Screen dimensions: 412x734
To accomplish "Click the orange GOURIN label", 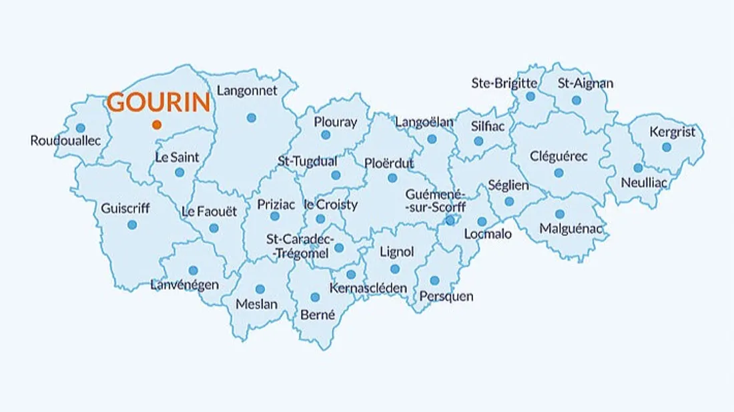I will (159, 103).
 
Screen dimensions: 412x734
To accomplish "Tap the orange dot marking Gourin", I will (156, 125).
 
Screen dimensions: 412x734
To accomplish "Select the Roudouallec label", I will (65, 141).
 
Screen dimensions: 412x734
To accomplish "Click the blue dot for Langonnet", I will (251, 117).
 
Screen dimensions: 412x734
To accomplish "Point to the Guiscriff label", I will (125, 208).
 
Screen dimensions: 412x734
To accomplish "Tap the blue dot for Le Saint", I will (179, 172).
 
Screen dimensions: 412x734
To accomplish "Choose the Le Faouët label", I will (209, 212).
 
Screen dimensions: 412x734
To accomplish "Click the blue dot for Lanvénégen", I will (193, 271).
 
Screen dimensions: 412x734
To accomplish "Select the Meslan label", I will (257, 305).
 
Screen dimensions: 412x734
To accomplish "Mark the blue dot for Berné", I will (315, 297).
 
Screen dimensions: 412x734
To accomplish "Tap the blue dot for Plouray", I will (326, 135).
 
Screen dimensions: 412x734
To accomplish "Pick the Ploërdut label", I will (389, 163).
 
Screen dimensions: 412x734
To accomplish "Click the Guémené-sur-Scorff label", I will (435, 201).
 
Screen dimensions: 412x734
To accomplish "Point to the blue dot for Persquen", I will (434, 281).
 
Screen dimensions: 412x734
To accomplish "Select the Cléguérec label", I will (559, 157).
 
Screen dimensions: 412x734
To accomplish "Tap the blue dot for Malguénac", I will (560, 214).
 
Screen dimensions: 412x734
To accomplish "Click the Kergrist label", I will (672, 132).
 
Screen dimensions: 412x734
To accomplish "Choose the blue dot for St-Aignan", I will (577, 100).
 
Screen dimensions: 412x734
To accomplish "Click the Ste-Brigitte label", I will (504, 83).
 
